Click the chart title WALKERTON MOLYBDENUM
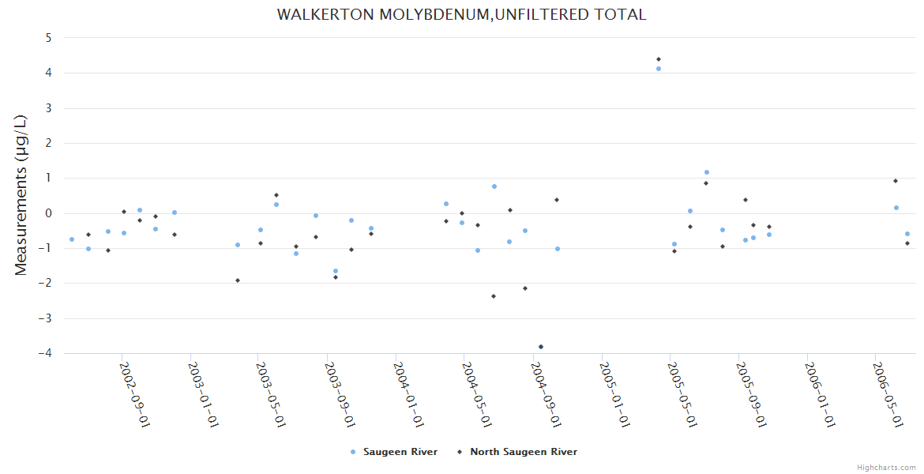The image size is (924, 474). tap(461, 15)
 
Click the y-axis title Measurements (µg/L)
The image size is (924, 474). tap(21, 195)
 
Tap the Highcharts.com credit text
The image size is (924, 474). tap(886, 467)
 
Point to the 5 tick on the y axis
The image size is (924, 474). tap(48, 38)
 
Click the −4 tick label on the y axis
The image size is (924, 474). tap(45, 353)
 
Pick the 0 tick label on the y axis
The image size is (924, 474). tap(48, 213)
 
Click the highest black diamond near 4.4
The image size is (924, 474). tap(659, 59)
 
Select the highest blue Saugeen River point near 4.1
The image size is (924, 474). tap(659, 69)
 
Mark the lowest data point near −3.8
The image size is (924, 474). tap(541, 347)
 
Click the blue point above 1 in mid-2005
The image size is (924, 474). tap(707, 172)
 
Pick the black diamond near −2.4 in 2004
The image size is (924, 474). tap(494, 296)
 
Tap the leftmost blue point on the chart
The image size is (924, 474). tap(72, 239)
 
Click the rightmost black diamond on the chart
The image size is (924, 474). tap(907, 243)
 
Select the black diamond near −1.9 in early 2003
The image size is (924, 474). tap(238, 280)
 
